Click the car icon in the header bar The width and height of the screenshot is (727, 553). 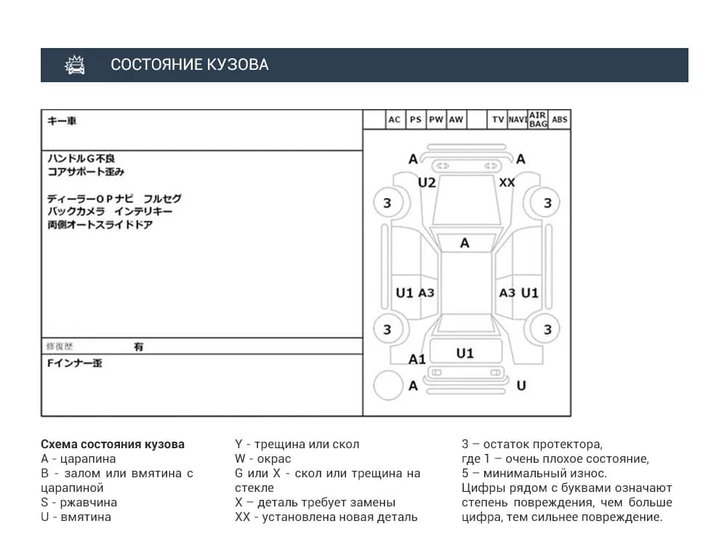(75, 65)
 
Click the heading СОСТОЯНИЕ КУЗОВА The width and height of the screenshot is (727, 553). (189, 65)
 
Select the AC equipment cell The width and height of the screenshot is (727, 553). (394, 119)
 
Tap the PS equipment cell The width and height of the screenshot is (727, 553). (415, 119)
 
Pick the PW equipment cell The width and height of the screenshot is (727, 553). (435, 119)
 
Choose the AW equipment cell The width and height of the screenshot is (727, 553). (456, 119)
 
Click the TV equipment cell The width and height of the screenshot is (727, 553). (498, 119)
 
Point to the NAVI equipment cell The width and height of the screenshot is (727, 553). (518, 119)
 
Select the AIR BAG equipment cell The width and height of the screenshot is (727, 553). (538, 119)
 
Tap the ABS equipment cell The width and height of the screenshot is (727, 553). (560, 119)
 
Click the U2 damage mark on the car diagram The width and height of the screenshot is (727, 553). (427, 183)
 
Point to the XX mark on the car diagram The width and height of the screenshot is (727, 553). (507, 183)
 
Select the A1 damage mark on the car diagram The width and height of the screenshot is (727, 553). (417, 359)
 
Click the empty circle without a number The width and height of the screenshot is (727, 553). (388, 385)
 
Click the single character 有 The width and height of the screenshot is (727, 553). (138, 347)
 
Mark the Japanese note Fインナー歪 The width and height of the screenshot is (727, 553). (74, 362)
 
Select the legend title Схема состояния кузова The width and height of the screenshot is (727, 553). (113, 444)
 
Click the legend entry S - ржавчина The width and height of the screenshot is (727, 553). (79, 502)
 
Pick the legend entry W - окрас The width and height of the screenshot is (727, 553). (262, 458)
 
